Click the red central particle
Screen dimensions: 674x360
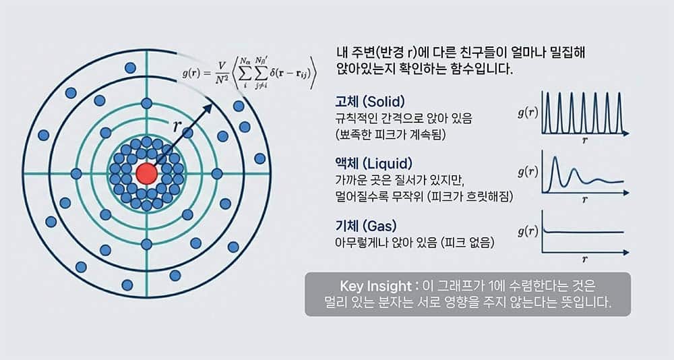coord(146,174)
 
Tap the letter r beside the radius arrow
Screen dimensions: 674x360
coord(177,126)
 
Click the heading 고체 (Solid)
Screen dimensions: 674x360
coord(369,102)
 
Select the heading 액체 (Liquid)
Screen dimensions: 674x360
coord(373,163)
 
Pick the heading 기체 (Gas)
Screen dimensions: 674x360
coord(366,225)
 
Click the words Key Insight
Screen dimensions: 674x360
coord(375,286)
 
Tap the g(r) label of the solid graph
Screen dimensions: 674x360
coord(528,113)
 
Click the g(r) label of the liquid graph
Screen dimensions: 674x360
coord(528,172)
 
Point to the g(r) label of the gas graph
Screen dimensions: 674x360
coord(528,231)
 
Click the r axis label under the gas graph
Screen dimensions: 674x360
coord(584,259)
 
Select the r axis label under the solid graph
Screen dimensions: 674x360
coord(584,140)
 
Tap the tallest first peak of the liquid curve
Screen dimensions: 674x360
coord(555,158)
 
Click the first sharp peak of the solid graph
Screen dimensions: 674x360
coord(547,93)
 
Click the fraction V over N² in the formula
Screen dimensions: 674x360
coord(222,73)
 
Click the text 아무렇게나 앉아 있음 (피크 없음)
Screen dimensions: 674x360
coord(415,243)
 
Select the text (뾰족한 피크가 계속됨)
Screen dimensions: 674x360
coord(390,134)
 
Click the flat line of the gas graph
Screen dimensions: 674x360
coord(584,233)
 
